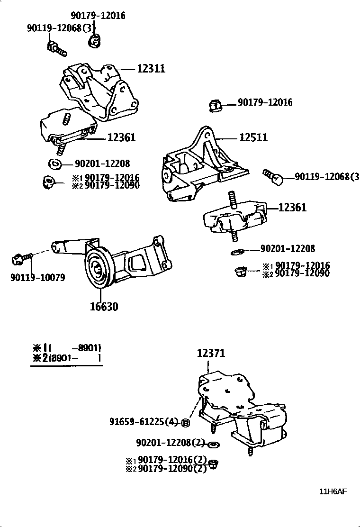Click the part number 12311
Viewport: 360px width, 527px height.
pos(151,69)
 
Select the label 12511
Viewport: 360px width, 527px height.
pos(253,137)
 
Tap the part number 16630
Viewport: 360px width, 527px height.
pos(104,306)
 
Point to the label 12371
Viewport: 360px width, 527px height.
pos(211,353)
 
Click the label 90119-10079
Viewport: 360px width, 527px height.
pos(37,277)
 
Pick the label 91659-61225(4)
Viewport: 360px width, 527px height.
pos(143,421)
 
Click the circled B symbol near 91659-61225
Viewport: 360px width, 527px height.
pos(186,423)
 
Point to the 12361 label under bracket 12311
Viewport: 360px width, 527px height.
pos(122,137)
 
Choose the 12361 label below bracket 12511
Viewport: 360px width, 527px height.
pos(292,208)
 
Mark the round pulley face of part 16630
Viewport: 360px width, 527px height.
pos(99,271)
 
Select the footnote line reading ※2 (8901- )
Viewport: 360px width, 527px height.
pos(66,358)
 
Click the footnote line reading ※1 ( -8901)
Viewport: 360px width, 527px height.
pos(66,347)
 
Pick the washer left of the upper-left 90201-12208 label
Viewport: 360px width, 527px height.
pos(54,164)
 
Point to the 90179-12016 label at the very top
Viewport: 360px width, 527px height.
pos(99,16)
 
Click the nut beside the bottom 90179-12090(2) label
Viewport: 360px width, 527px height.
pos(213,465)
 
